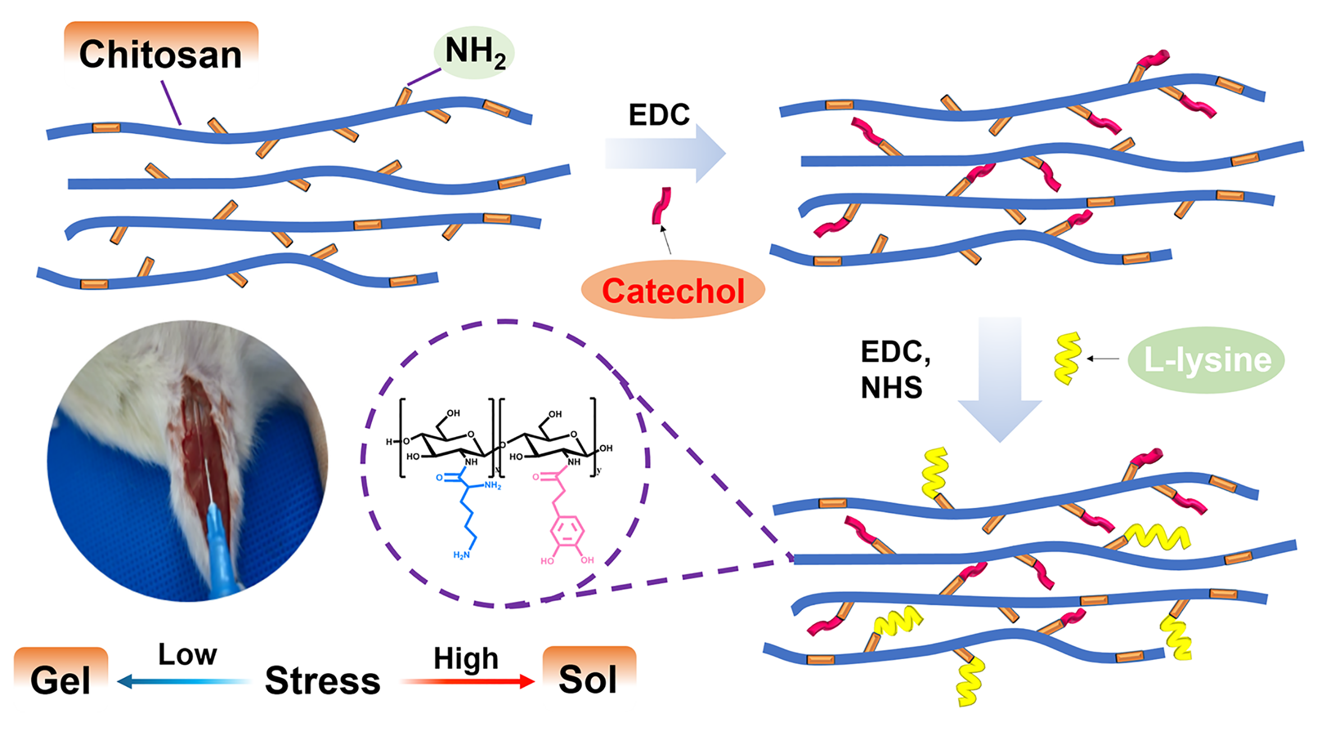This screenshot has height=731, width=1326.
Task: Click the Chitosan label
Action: tap(161, 54)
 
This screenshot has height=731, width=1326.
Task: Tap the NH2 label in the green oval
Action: tap(475, 52)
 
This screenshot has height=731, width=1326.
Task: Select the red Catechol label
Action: tap(673, 291)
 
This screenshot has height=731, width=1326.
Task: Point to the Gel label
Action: tap(61, 680)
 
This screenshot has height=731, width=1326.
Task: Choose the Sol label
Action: tap(588, 679)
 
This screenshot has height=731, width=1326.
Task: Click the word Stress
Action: tap(323, 680)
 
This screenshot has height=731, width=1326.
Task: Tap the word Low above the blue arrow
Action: tap(188, 654)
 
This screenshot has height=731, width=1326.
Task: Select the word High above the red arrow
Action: tap(466, 658)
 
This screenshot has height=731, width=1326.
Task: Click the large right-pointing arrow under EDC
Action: tap(665, 153)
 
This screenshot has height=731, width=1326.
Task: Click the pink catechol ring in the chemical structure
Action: tap(568, 530)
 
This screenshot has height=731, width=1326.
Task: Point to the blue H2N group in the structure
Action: tap(461, 555)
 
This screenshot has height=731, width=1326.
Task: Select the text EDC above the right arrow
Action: tap(659, 115)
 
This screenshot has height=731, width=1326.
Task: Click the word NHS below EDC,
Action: tap(891, 387)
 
